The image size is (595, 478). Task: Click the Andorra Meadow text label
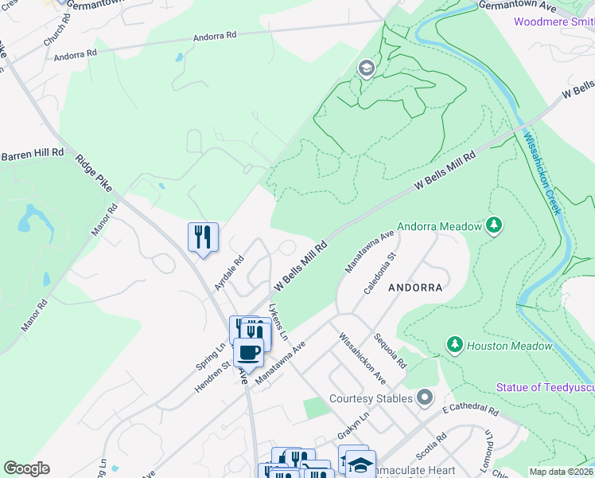click(439, 226)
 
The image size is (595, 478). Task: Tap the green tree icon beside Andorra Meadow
click(495, 226)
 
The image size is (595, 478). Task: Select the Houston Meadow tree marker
click(454, 345)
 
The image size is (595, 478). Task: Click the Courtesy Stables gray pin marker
click(426, 397)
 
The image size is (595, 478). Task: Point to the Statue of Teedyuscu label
click(545, 387)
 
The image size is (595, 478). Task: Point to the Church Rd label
click(57, 29)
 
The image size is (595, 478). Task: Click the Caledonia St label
click(379, 275)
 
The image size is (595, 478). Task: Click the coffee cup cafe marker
click(248, 351)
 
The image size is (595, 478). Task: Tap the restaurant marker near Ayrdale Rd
click(203, 237)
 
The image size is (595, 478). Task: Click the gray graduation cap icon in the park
click(367, 68)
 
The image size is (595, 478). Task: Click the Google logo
click(27, 468)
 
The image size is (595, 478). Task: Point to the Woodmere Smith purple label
click(554, 22)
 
